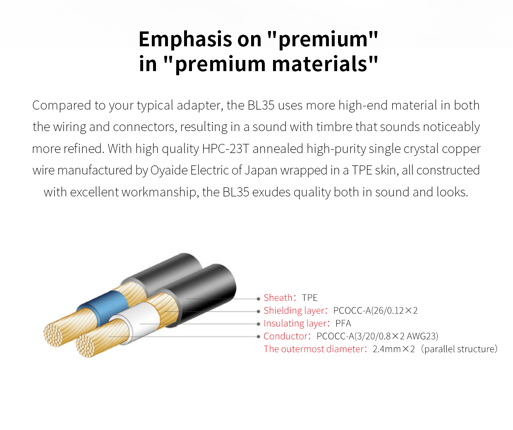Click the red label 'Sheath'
coord(278,298)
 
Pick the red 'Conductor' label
coord(286,336)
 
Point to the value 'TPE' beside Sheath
coord(309,298)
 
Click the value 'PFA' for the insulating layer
coord(343,323)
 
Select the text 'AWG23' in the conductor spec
coord(421,336)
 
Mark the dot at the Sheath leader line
coord(258,299)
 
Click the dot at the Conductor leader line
coord(258,337)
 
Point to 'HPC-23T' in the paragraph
coord(226,148)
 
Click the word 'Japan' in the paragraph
coord(261,170)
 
